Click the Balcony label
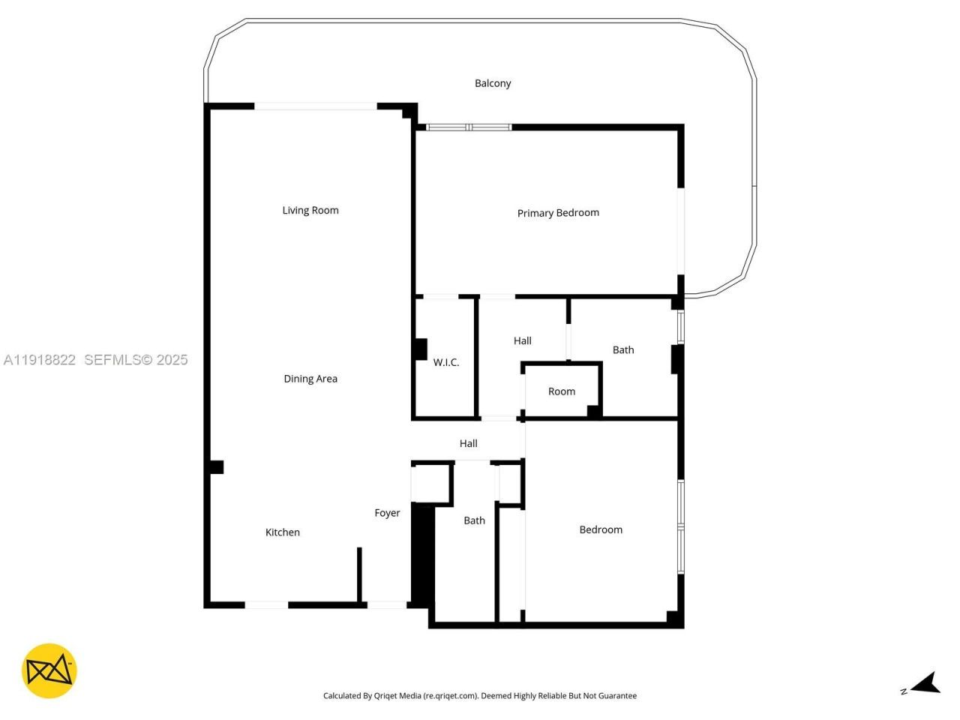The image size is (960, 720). pos(493,83)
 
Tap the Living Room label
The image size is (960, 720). pos(310,210)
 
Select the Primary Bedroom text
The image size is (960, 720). pos(558,213)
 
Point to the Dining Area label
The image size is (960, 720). pos(310,379)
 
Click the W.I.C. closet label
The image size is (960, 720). pos(445,362)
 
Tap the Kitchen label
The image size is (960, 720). pos(282,532)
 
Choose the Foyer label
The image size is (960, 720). pos(387,513)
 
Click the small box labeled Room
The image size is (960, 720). pos(561,391)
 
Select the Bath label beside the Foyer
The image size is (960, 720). pos(474,520)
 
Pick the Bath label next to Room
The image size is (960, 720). pos(622,349)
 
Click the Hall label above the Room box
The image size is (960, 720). pos(522,340)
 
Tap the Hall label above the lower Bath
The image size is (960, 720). pos(468,443)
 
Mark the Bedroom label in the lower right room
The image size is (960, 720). pos(600,529)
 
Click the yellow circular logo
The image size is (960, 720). pos(49,670)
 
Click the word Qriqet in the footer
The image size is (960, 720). pos(388,696)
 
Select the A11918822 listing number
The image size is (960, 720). pos(40,360)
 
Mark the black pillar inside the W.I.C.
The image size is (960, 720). pos(421,349)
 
